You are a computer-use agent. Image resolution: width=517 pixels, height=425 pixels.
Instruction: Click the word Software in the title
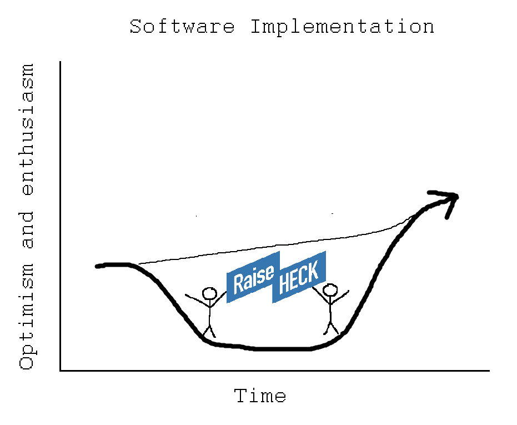tap(182, 26)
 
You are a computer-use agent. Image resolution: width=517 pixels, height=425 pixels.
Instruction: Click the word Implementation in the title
tap(343, 27)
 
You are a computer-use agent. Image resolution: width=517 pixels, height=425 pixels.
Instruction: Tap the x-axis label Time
tap(260, 396)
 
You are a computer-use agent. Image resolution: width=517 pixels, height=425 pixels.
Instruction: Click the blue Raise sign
tap(253, 277)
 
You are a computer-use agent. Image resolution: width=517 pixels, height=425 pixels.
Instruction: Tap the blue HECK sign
tap(299, 277)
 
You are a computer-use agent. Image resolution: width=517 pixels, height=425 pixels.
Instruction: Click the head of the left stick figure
tap(209, 293)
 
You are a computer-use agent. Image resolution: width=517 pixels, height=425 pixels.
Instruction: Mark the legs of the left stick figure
tap(209, 331)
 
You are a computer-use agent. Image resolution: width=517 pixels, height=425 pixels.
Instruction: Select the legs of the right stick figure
tap(331, 328)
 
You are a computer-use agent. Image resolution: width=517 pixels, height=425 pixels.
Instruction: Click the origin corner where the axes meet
tap(61, 371)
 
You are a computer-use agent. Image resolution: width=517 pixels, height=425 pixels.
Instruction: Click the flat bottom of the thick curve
tap(280, 348)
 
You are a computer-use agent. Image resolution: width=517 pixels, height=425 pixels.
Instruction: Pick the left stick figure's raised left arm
tap(197, 299)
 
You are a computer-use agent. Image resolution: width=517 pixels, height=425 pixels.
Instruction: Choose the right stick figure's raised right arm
tap(340, 297)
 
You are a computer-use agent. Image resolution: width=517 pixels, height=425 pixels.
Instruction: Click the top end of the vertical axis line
tap(61, 62)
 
